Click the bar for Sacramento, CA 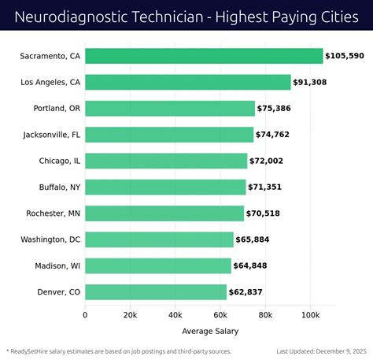click(x=204, y=56)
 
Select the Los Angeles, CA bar click(x=188, y=82)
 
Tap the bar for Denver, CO click(x=156, y=292)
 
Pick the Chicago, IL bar click(x=166, y=161)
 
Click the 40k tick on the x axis click(x=175, y=315)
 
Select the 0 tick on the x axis click(x=86, y=315)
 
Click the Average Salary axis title click(x=210, y=330)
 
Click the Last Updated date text click(x=322, y=351)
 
